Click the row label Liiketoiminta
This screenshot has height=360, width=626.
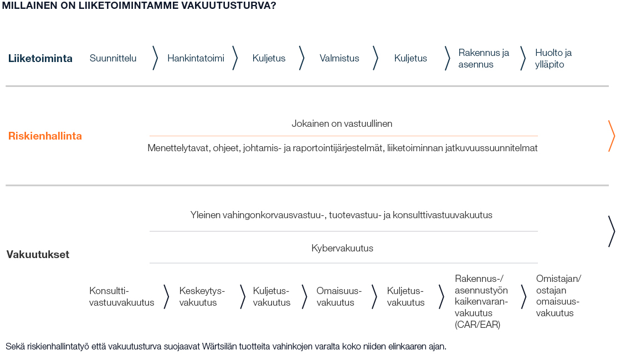tap(40, 58)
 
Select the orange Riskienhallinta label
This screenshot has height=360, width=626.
tap(45, 136)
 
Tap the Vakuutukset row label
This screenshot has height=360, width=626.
tap(38, 255)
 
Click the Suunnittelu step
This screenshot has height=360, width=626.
tap(113, 58)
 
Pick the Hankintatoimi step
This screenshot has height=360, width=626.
tap(196, 58)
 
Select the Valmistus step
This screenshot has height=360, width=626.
tap(339, 58)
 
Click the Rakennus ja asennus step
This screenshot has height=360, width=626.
tap(483, 58)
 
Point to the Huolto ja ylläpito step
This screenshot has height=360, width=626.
tap(553, 58)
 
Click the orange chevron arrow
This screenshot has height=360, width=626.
tap(611, 136)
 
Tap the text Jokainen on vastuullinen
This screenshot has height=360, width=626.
tap(342, 124)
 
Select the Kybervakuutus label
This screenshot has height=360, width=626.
tap(342, 248)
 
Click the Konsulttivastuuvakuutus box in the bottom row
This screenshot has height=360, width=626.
tap(121, 296)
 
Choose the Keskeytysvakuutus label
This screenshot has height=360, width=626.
tap(202, 296)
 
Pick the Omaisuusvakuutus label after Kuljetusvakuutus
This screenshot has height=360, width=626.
tap(338, 296)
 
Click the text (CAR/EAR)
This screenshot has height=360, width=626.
tap(477, 325)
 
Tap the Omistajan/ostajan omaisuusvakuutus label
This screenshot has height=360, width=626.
tap(558, 296)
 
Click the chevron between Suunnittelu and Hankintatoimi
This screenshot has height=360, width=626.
tap(155, 58)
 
